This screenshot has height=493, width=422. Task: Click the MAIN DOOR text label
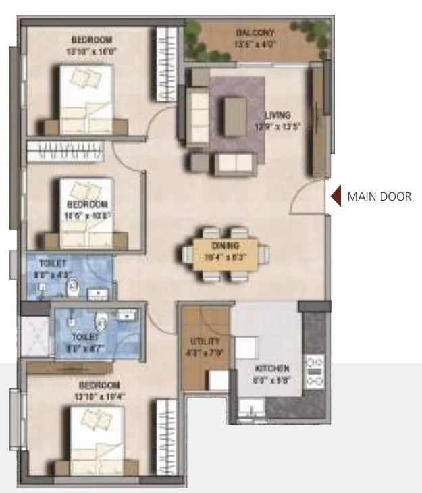click(379, 197)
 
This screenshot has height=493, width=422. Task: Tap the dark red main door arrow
click(334, 197)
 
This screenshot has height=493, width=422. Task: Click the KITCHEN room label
click(272, 369)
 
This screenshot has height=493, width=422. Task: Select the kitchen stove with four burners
click(315, 372)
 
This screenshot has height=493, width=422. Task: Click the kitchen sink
click(251, 409)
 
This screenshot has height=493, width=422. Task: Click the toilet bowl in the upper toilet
click(72, 288)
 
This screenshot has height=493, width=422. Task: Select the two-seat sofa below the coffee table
click(234, 162)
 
